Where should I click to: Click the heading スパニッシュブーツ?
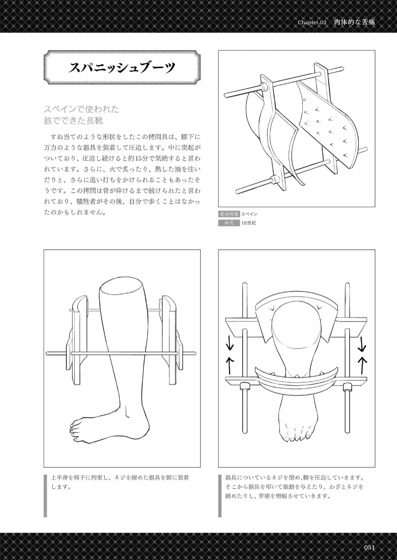[x=122, y=68]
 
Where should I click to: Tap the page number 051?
[x=369, y=548]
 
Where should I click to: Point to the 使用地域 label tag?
[x=228, y=214]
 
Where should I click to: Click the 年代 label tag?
[x=228, y=223]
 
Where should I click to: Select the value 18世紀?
[x=249, y=223]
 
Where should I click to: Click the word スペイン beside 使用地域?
[x=249, y=214]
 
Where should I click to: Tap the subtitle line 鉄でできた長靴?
[x=74, y=121]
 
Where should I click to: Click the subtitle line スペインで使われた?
[x=81, y=109]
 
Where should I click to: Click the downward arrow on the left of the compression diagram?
[x=230, y=343]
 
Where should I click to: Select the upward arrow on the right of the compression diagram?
[x=362, y=364]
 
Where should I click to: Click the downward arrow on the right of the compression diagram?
[x=362, y=343]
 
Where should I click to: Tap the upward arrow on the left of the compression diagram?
[x=230, y=364]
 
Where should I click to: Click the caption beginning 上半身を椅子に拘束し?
[x=120, y=482]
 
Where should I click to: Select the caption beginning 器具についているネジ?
[x=295, y=487]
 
